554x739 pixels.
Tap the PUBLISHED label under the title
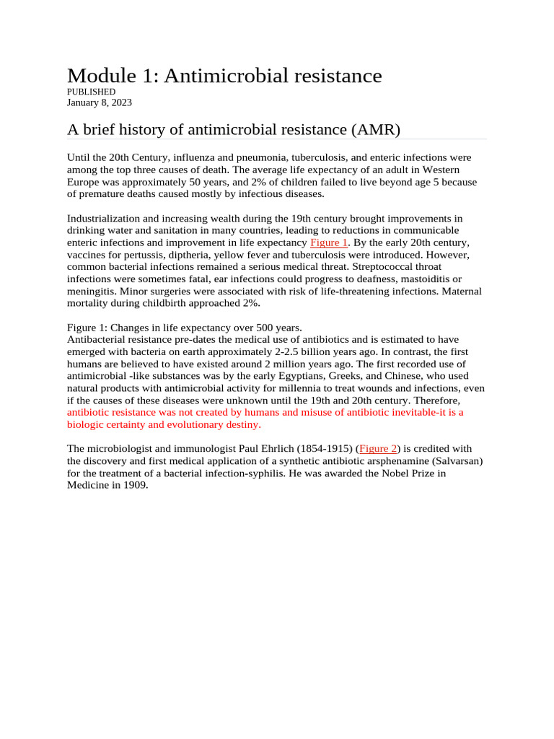point(91,92)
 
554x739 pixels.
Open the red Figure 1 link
point(329,242)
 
